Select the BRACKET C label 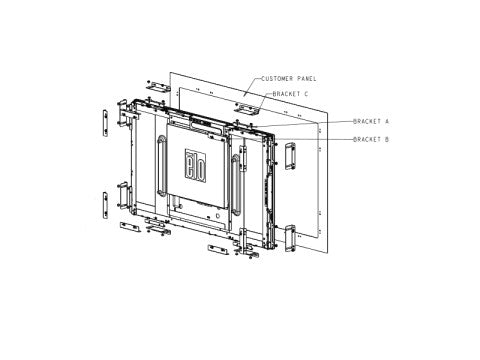287,94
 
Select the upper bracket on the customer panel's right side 289,156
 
